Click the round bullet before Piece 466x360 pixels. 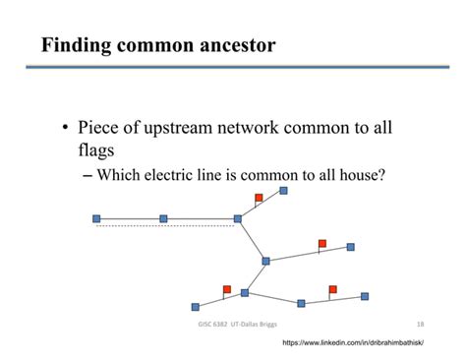66,130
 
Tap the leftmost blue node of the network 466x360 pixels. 96,218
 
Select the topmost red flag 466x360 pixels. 260,198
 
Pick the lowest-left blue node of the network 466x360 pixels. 195,307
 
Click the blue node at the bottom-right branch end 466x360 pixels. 365,295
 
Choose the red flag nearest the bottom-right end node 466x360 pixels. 333,289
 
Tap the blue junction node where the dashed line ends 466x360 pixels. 238,218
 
